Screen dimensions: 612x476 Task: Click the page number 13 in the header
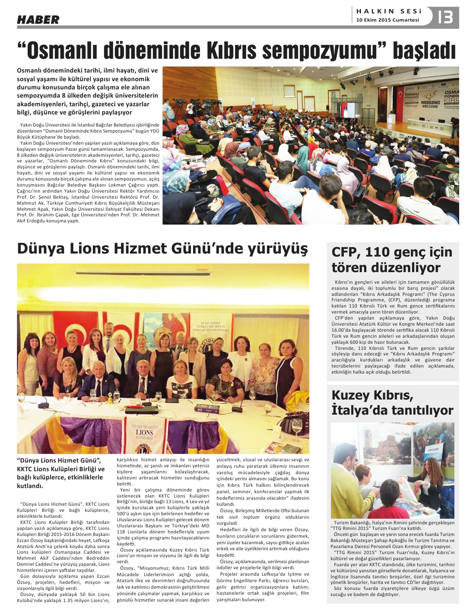445,17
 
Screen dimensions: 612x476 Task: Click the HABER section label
38,19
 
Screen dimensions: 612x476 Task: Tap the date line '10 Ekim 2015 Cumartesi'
387,20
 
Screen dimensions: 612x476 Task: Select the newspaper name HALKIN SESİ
389,11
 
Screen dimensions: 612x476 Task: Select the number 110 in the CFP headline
379,252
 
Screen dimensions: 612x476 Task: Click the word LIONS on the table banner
144,432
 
